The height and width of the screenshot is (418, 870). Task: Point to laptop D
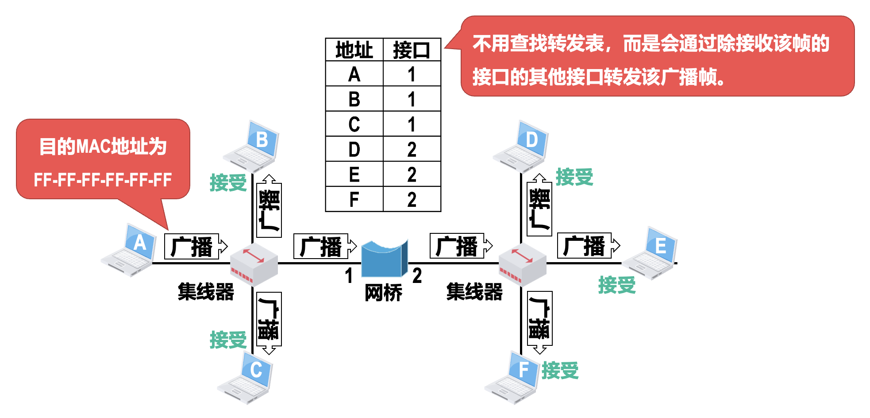point(521,147)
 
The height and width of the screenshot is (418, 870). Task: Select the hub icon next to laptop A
point(254,264)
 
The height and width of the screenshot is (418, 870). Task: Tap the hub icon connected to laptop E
point(522,264)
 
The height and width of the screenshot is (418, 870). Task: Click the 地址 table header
point(354,50)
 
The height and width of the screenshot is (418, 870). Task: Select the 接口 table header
point(412,50)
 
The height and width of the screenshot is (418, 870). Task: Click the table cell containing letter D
point(354,149)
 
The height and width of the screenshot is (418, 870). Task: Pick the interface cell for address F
point(412,199)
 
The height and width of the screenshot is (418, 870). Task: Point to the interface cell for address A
point(412,74)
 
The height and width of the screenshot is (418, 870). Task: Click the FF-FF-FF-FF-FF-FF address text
point(103,180)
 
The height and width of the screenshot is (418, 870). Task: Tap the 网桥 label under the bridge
point(383,293)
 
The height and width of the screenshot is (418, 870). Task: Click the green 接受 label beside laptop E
point(616,285)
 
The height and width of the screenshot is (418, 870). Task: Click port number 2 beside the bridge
point(417,275)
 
